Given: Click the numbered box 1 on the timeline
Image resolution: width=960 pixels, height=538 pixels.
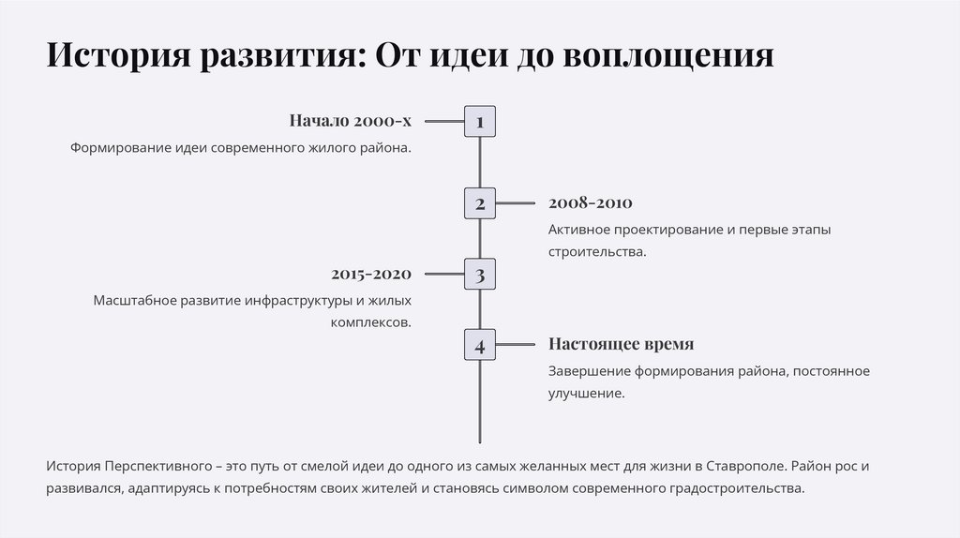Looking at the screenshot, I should click(x=479, y=122).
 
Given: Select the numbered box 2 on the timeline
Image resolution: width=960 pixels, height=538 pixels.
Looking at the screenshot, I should click(x=479, y=203).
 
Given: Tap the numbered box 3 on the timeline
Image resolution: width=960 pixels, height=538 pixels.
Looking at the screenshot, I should click(x=479, y=275).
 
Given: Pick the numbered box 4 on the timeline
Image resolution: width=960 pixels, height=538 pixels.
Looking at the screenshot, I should click(x=479, y=345).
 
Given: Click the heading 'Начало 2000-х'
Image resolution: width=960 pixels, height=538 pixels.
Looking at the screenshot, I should click(x=350, y=121).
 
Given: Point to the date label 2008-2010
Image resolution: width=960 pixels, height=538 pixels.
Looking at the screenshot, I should click(x=591, y=202).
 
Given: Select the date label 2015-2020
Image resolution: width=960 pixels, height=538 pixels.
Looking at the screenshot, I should click(x=371, y=274).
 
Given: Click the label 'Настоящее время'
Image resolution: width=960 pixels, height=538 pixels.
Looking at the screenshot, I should click(x=621, y=344).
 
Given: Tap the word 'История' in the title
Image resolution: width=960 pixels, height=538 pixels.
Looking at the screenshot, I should click(x=115, y=55).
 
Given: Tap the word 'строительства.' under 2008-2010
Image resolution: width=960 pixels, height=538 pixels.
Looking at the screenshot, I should click(x=597, y=252).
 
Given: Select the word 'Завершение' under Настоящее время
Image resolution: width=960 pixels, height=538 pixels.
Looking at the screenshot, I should click(x=588, y=371).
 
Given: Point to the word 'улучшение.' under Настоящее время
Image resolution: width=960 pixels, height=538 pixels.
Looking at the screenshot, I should click(x=586, y=394).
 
